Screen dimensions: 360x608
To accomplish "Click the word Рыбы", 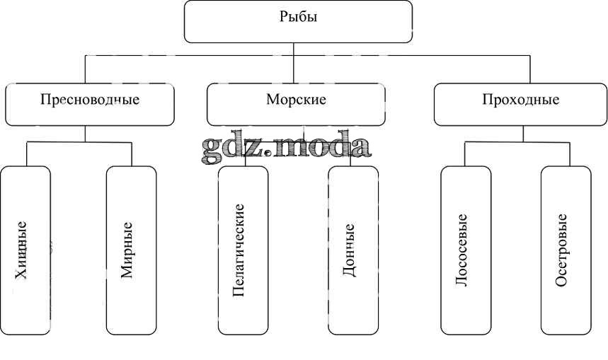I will pos(298,17).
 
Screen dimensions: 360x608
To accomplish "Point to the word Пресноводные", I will pos(90,100).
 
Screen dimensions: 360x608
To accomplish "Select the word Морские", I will pos(296,100).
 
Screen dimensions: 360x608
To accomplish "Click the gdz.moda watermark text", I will pos(286,146).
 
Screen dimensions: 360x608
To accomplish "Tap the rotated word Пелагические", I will pos(239,250).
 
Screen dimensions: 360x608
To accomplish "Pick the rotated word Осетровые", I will pos(562,250).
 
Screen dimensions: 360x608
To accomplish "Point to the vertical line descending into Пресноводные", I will pos(85,69).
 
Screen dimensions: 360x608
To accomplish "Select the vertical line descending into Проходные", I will pos(530,69).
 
